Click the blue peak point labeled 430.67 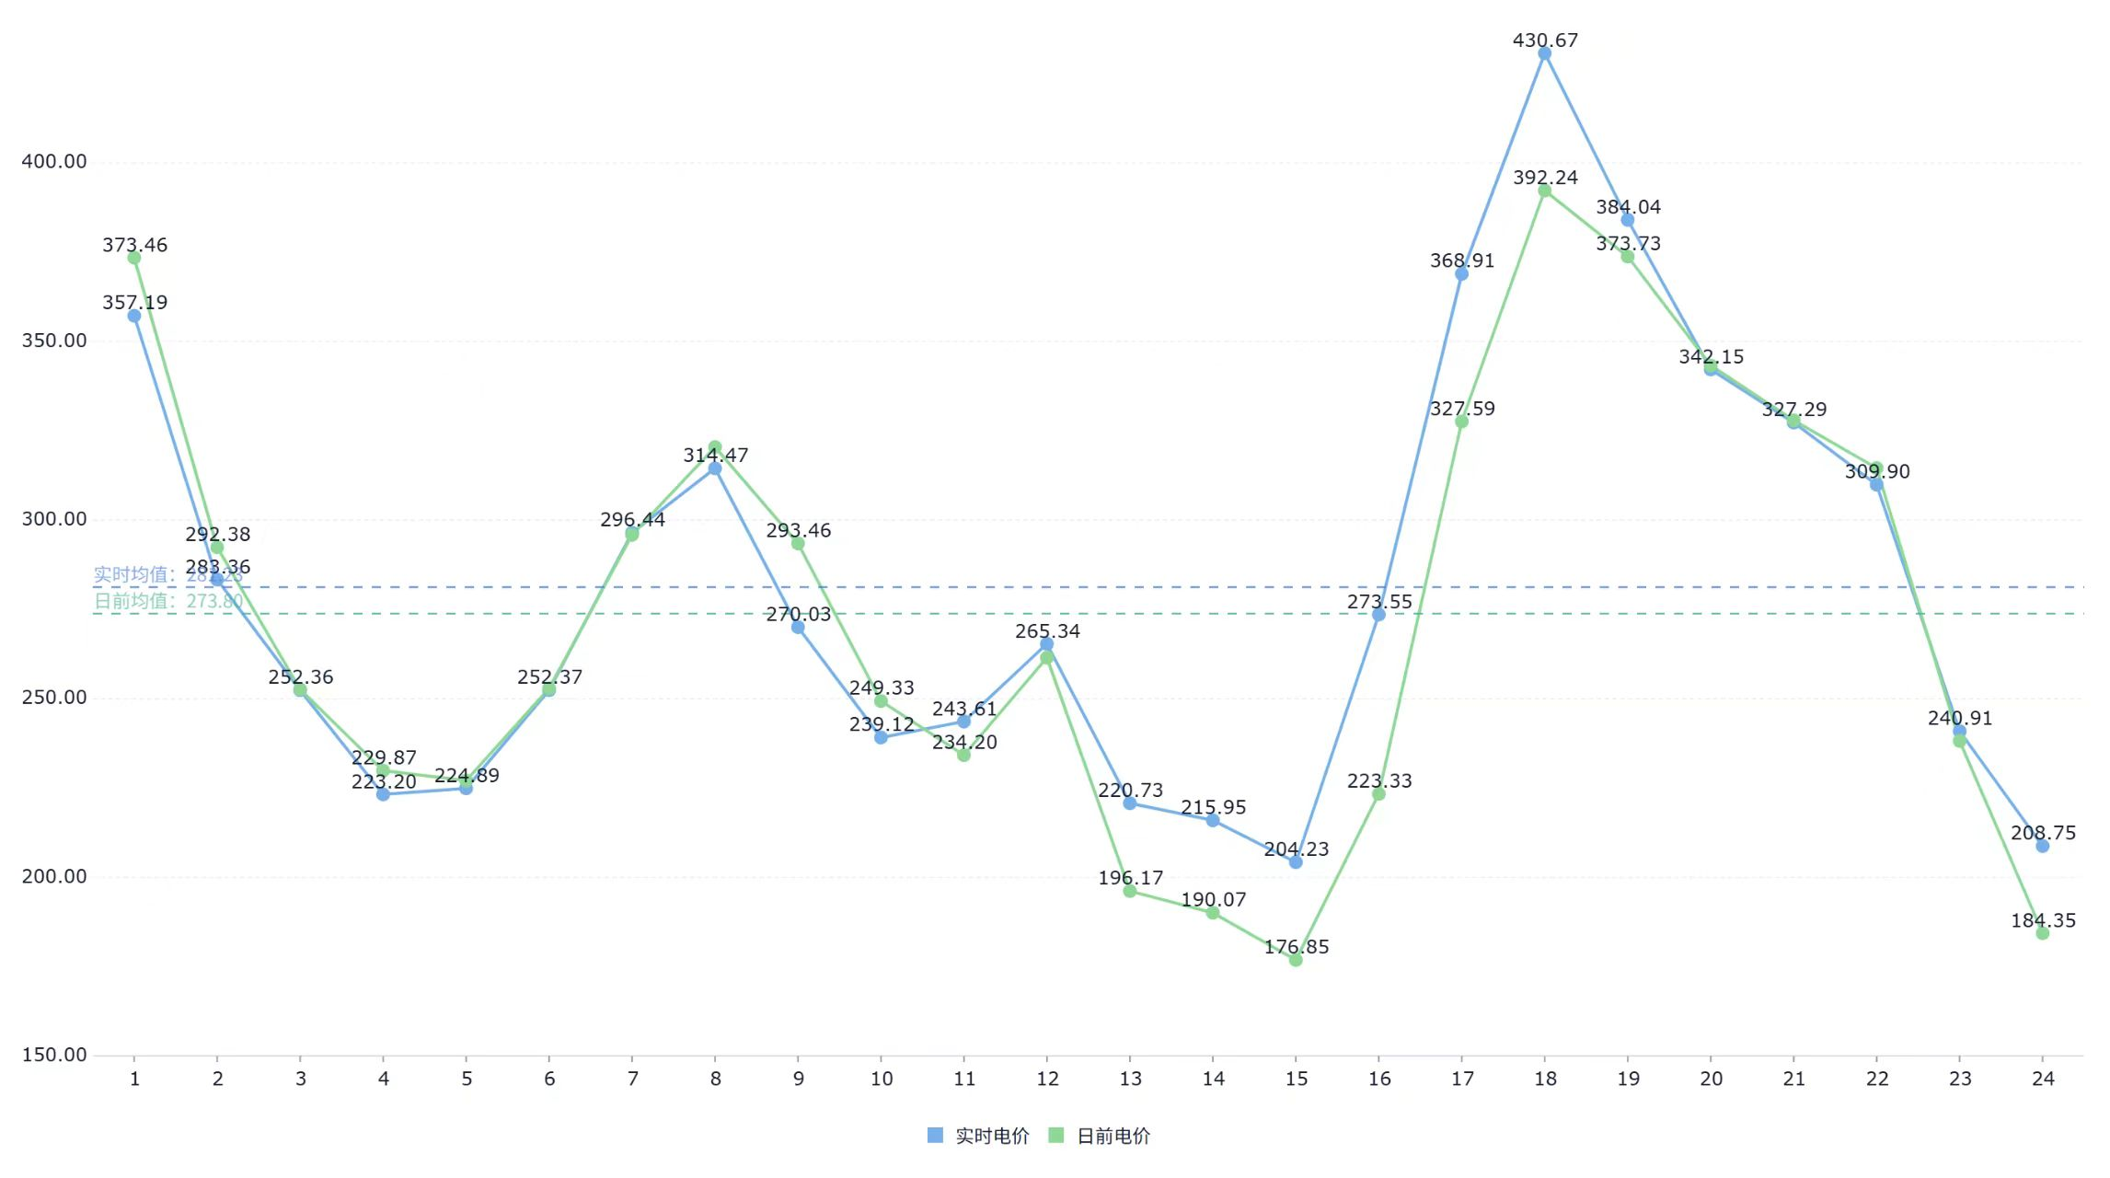tap(1544, 53)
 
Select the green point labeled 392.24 tap(1544, 191)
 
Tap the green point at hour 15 tap(1296, 960)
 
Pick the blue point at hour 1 tap(134, 316)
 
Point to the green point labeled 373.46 tap(134, 258)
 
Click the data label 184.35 tap(2043, 920)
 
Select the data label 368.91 tap(1461, 260)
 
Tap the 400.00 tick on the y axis tap(54, 162)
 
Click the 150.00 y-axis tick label tap(54, 1055)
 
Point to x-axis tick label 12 tap(1047, 1079)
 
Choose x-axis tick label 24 tap(2043, 1079)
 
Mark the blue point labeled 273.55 tap(1378, 615)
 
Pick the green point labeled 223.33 tap(1378, 794)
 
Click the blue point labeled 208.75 tap(2043, 846)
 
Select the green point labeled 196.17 tap(1130, 891)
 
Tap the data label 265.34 tap(1047, 631)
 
